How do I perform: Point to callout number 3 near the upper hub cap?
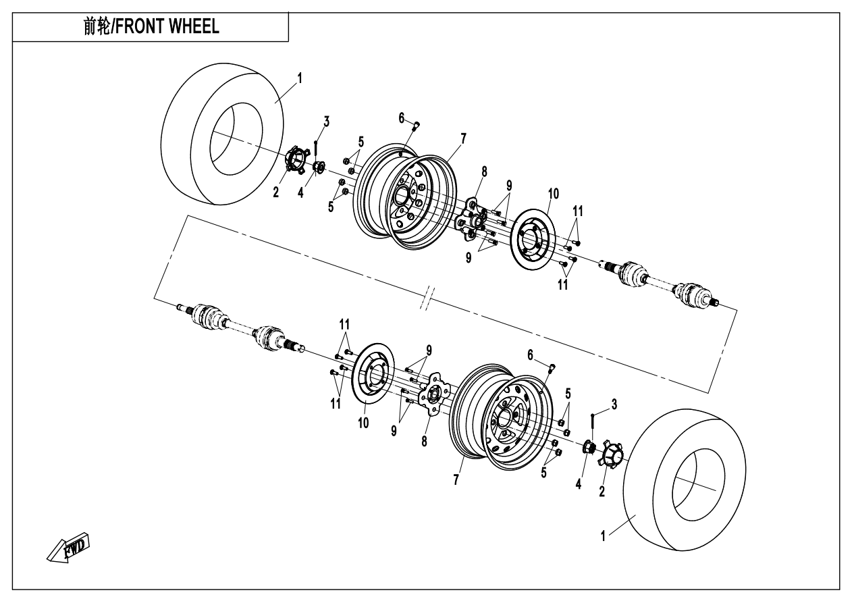(x=327, y=122)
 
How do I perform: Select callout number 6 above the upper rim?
(x=402, y=118)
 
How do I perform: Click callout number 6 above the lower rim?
(x=531, y=354)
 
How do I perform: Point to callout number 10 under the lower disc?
(x=364, y=423)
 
